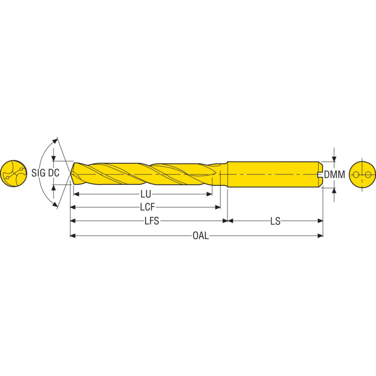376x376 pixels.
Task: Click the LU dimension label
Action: (x=146, y=195)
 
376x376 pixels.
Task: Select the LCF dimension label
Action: (x=148, y=207)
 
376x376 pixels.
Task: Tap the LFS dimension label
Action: (x=151, y=221)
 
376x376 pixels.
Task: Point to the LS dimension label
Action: (x=276, y=221)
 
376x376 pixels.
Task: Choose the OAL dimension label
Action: (x=201, y=236)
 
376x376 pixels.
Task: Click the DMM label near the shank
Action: (x=334, y=175)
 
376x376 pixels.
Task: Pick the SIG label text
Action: (x=38, y=173)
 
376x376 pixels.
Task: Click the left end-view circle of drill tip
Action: (x=13, y=174)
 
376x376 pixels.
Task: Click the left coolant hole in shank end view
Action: (x=356, y=175)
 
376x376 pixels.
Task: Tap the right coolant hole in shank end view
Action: (x=368, y=175)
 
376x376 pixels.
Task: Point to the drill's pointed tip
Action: (x=70, y=174)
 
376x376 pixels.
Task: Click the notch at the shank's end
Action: (x=320, y=175)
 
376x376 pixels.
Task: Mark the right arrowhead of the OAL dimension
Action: (x=320, y=236)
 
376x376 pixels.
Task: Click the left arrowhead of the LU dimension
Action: (x=76, y=194)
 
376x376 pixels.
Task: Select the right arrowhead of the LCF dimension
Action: (x=218, y=207)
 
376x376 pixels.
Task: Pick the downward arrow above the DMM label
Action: (x=334, y=159)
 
